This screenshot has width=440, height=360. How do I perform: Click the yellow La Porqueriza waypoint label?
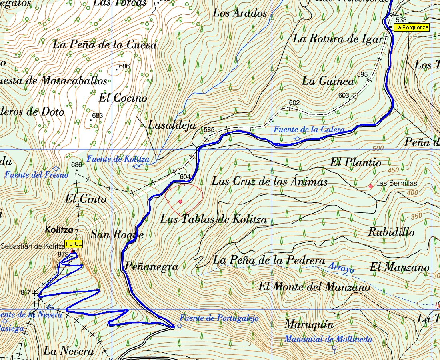coord(412,28)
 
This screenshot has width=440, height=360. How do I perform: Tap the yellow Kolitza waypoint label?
coord(74,244)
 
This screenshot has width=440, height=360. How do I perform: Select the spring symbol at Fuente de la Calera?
coord(297,138)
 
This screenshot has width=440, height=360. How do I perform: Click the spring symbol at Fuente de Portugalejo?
coord(179,326)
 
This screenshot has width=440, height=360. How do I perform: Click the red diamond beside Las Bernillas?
coord(371,186)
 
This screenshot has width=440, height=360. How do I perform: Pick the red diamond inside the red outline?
coord(180,202)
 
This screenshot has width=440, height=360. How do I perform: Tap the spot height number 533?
coord(401,20)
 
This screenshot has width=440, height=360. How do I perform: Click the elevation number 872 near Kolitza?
coord(63,254)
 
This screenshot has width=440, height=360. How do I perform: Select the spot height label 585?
coord(209,130)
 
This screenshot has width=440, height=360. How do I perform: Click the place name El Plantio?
coord(356,162)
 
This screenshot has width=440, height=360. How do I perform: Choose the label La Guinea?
coord(328,81)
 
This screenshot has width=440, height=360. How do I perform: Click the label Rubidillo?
coord(391,232)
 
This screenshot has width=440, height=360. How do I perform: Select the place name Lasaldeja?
coord(172,125)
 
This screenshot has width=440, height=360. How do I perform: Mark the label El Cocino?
coord(123,98)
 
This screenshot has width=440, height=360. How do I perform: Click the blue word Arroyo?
coord(341,268)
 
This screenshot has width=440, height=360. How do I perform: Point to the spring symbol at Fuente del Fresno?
coord(56,169)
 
